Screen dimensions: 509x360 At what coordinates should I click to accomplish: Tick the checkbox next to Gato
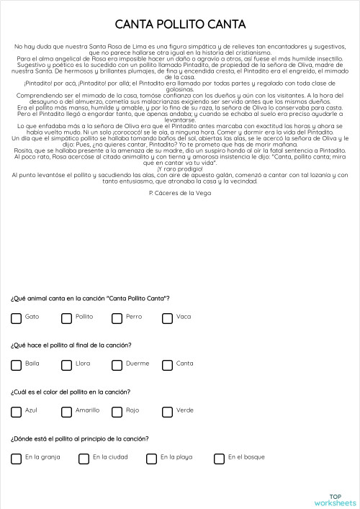click(16, 318)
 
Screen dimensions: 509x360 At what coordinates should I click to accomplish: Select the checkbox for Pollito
click(66, 318)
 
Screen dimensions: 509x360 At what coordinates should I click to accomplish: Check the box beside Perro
click(117, 318)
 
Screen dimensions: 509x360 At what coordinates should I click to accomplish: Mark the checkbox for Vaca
click(167, 318)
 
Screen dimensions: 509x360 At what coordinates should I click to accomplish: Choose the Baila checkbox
click(16, 365)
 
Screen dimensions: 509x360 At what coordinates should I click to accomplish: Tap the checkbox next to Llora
click(66, 365)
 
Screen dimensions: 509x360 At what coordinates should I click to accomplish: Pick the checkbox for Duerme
click(117, 365)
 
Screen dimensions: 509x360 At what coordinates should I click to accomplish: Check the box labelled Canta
click(167, 365)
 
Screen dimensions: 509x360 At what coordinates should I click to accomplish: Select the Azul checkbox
click(16, 412)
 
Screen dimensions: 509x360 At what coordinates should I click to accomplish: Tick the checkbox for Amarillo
click(66, 412)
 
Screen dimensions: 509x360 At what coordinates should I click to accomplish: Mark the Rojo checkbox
click(117, 412)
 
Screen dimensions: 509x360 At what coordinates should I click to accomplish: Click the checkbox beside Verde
click(167, 412)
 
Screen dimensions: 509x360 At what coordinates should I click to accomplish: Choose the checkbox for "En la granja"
click(16, 459)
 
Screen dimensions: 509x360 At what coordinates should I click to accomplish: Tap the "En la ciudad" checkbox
click(84, 459)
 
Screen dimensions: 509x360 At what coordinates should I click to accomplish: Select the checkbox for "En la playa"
click(151, 459)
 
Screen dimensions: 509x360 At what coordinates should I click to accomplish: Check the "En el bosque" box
click(219, 459)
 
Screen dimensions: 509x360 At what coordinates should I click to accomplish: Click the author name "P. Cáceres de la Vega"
click(180, 194)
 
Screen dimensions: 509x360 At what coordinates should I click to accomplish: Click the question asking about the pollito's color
click(71, 392)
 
